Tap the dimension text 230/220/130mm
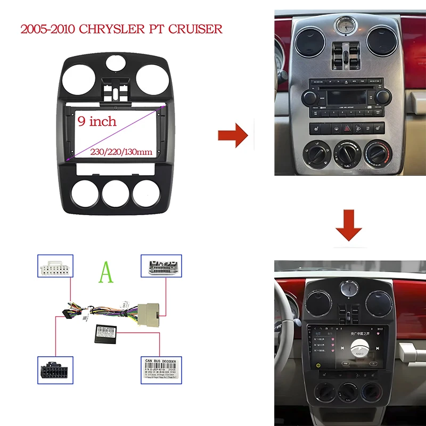[x=121, y=152]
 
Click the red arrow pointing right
[x=233, y=135]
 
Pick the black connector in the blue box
[x=55, y=368]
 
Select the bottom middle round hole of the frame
[x=116, y=193]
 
